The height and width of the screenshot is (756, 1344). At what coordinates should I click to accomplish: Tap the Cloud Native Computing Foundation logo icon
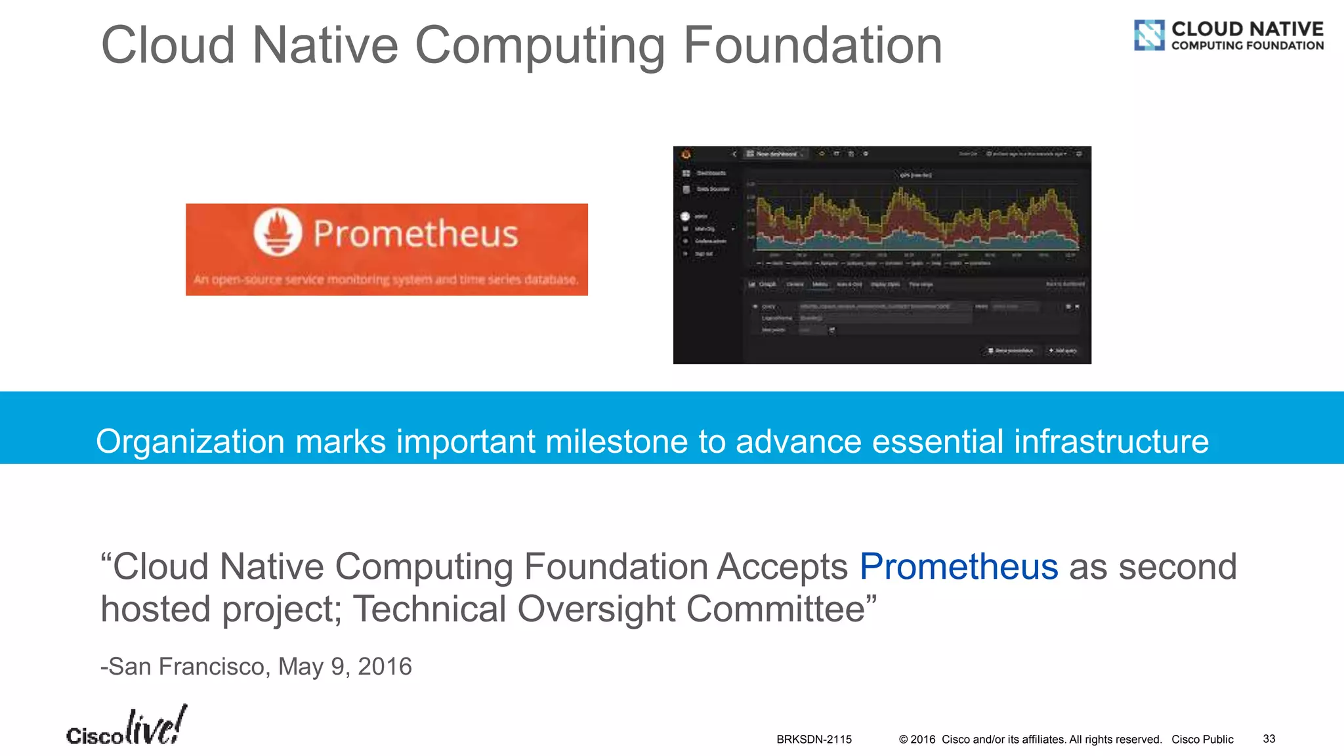coord(1149,35)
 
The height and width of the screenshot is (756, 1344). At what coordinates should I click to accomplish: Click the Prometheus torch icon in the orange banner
coord(278,232)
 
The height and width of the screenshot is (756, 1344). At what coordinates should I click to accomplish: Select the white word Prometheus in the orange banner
coord(415,234)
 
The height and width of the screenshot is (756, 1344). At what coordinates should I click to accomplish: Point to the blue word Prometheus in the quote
coord(958,566)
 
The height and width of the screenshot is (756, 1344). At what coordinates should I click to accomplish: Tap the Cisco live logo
coord(126,727)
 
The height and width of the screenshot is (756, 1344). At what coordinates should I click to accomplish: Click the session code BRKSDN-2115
coord(814,739)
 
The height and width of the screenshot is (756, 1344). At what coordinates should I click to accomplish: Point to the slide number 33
coord(1269,738)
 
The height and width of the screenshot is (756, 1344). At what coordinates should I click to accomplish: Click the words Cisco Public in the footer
coord(1202,739)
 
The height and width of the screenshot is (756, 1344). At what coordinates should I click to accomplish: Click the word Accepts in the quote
coord(782,566)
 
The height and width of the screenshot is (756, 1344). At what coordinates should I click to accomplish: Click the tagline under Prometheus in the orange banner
coord(386,280)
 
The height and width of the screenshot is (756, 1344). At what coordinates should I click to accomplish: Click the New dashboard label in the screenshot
coord(776,154)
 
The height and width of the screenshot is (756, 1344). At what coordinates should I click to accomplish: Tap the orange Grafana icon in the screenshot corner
coord(686,154)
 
